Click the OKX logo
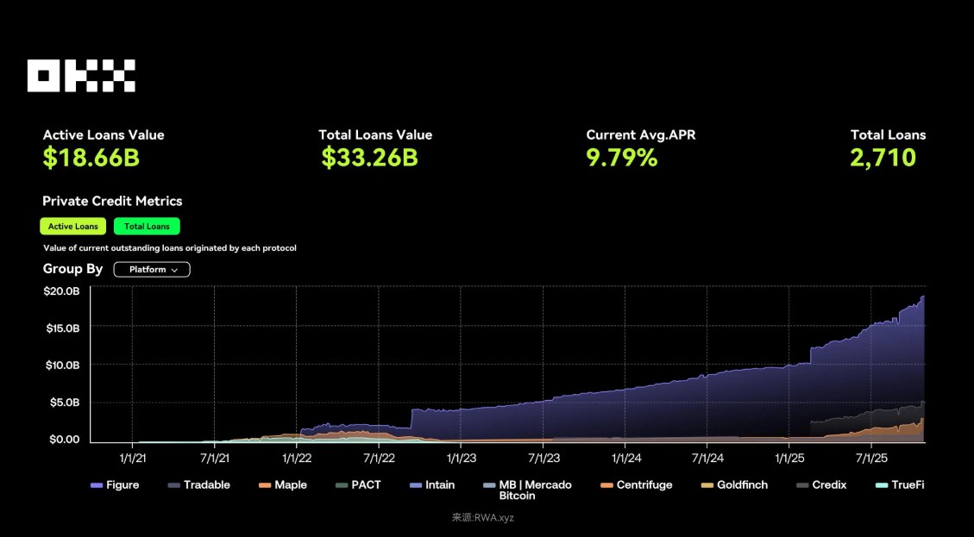click(81, 76)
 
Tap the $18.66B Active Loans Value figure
click(91, 158)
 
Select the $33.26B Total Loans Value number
click(369, 158)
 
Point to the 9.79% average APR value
click(622, 158)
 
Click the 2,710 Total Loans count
click(883, 158)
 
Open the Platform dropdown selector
click(152, 270)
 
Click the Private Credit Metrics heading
click(112, 201)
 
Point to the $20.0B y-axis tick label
click(61, 291)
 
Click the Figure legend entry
click(115, 485)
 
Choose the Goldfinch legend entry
click(734, 485)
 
